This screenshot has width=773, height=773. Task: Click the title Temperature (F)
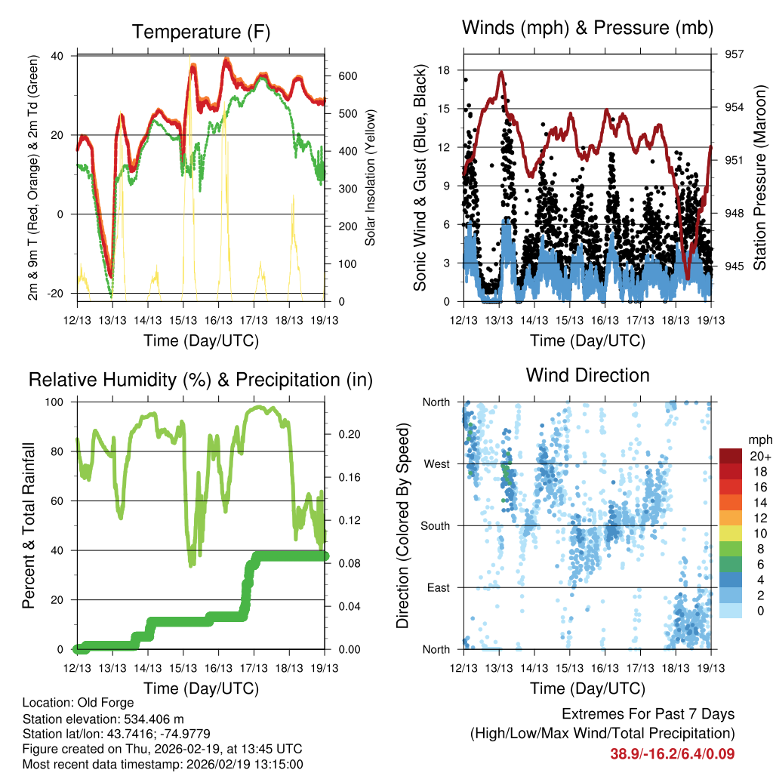201,32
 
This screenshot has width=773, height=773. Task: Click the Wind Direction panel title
588,374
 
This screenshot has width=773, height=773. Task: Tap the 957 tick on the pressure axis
735,54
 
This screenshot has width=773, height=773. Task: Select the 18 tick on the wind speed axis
444,70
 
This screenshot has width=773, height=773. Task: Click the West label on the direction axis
436,463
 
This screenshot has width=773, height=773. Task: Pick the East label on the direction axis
438,587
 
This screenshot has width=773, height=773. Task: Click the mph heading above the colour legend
759,439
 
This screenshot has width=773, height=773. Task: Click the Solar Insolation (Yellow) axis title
371,178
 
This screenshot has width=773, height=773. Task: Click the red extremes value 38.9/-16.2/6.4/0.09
672,753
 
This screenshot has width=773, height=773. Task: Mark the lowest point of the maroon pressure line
687,278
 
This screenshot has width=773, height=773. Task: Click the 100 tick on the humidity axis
56,402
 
